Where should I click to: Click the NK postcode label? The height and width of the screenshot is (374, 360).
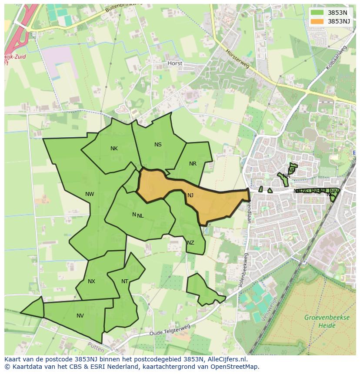click(114, 149)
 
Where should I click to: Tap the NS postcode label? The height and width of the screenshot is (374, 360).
click(158, 145)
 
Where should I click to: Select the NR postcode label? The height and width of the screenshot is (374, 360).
click(193, 164)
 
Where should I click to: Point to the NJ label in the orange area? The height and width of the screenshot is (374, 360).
click(190, 195)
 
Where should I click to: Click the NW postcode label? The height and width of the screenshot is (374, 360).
click(90, 194)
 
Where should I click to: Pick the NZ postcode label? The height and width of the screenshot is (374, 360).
click(190, 243)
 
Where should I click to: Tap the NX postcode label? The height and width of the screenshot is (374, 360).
click(91, 281)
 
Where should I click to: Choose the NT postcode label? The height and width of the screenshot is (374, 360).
click(125, 281)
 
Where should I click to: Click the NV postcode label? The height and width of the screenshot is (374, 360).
click(80, 316)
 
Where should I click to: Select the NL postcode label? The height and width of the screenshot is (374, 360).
click(140, 215)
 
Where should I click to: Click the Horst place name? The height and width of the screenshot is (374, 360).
click(175, 63)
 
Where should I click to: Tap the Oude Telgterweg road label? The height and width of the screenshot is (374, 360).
click(170, 330)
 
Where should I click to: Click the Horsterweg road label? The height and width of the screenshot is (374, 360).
click(237, 58)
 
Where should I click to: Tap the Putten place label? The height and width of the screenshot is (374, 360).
click(96, 348)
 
